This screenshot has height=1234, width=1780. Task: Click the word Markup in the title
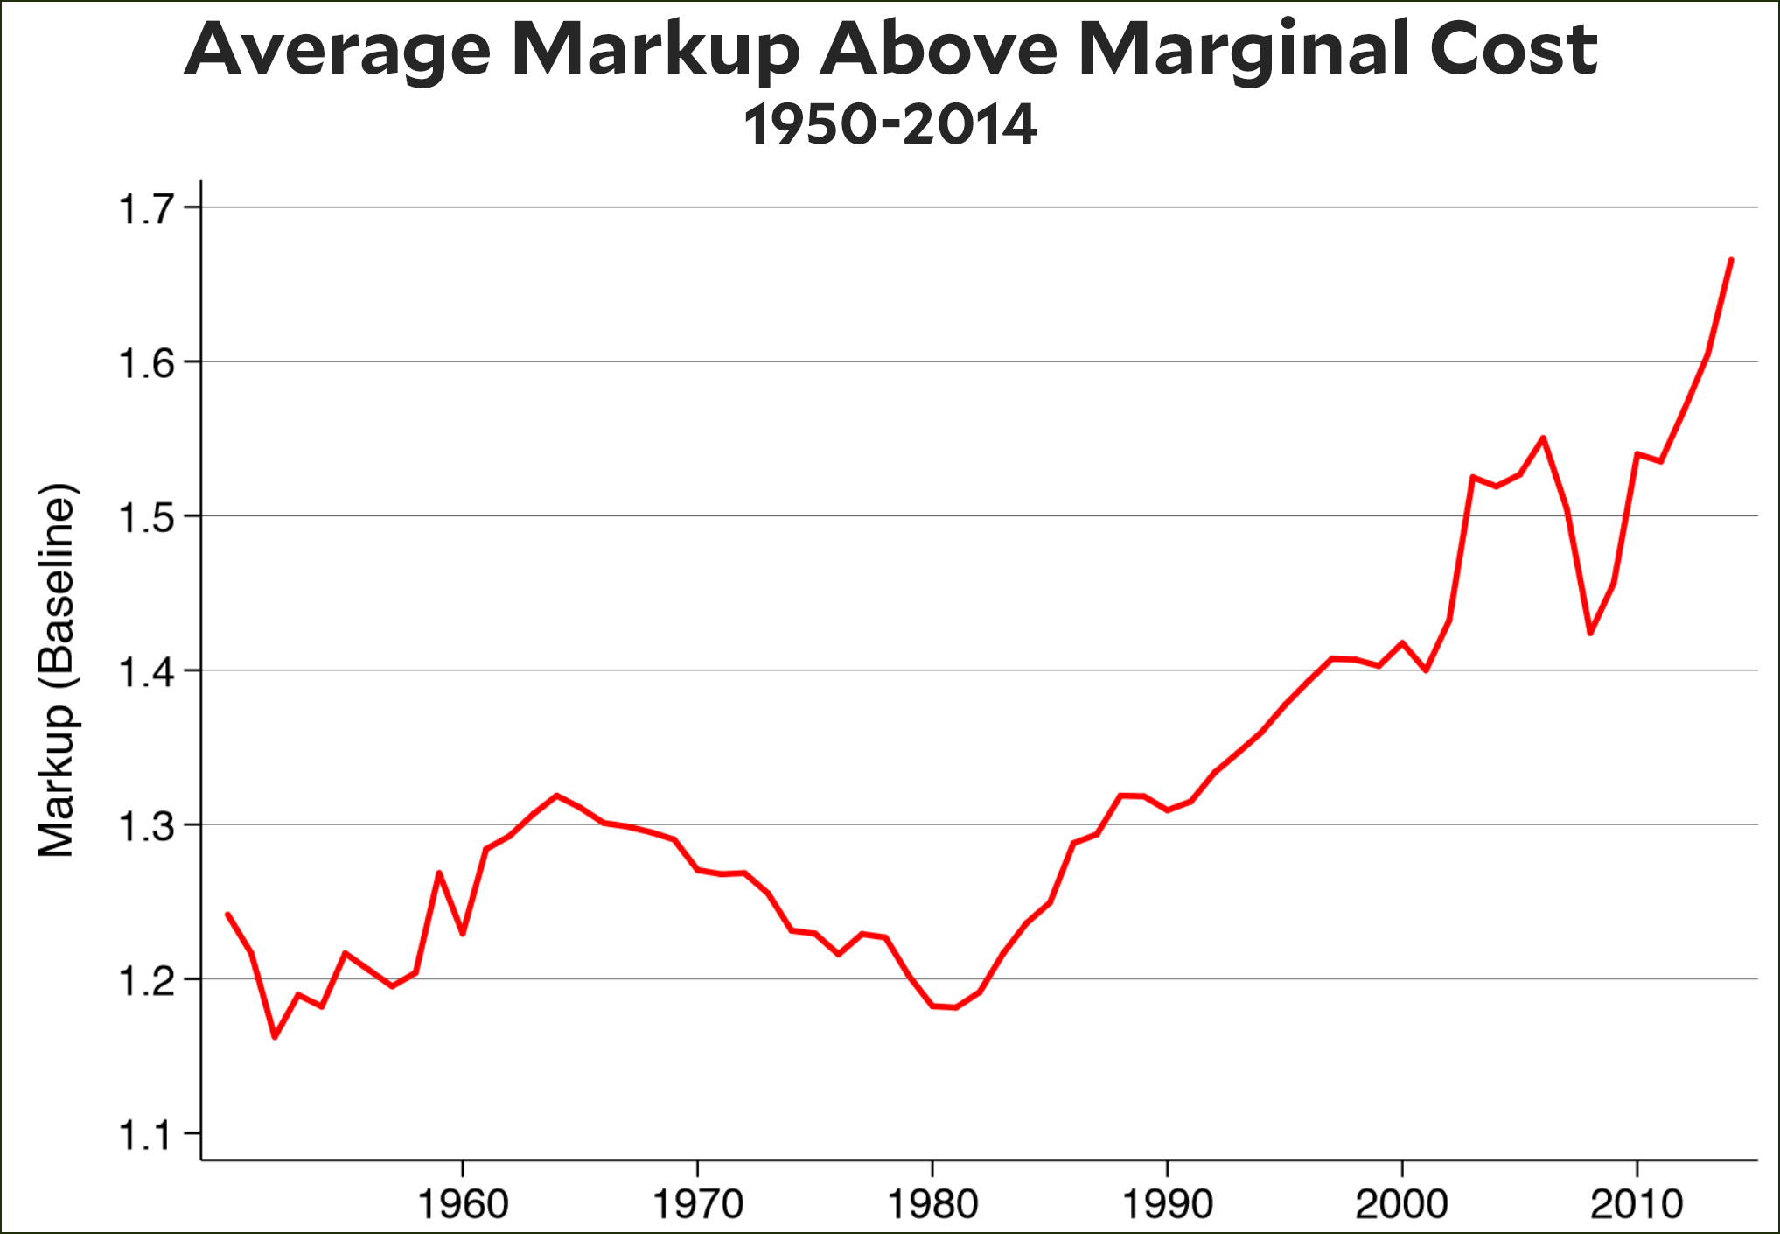(x=654, y=51)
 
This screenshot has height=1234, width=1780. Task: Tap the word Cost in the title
(x=1513, y=49)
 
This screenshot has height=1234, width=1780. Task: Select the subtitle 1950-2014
(x=890, y=124)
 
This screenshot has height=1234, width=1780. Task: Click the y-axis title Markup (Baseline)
(x=58, y=670)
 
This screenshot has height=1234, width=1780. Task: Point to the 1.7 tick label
(x=146, y=210)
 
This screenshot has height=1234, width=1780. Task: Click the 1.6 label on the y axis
(x=146, y=364)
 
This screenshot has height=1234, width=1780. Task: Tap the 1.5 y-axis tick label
(x=146, y=518)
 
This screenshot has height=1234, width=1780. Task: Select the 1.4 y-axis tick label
(x=146, y=673)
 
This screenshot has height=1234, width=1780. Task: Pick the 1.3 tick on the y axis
(x=146, y=827)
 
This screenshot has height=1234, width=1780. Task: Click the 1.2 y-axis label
(x=146, y=981)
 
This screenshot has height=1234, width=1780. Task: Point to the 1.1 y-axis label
(x=146, y=1136)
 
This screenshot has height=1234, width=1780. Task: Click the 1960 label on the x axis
(x=463, y=1204)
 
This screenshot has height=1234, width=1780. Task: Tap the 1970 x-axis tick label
(x=698, y=1204)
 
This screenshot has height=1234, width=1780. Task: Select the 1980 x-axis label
(x=932, y=1204)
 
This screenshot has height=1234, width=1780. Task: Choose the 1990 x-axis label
(x=1167, y=1204)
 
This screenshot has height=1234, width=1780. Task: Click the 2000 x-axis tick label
(x=1401, y=1204)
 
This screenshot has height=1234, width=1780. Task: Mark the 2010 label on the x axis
(x=1636, y=1204)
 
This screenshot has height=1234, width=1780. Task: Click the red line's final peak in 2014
(x=1731, y=260)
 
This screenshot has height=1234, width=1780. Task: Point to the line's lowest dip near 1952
(x=275, y=1037)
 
